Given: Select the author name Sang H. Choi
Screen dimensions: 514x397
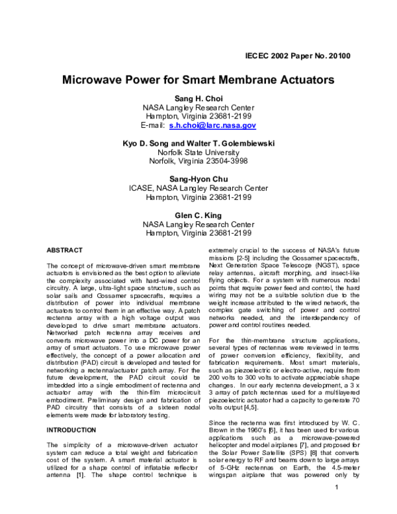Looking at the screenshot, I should pyautogui.click(x=198, y=99).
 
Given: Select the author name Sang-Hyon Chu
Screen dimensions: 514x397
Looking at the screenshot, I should pyautogui.click(x=198, y=179).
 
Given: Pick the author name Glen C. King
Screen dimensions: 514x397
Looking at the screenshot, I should pyautogui.click(x=198, y=215).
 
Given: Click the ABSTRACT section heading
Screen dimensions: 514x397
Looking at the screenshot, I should pyautogui.click(x=65, y=250).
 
